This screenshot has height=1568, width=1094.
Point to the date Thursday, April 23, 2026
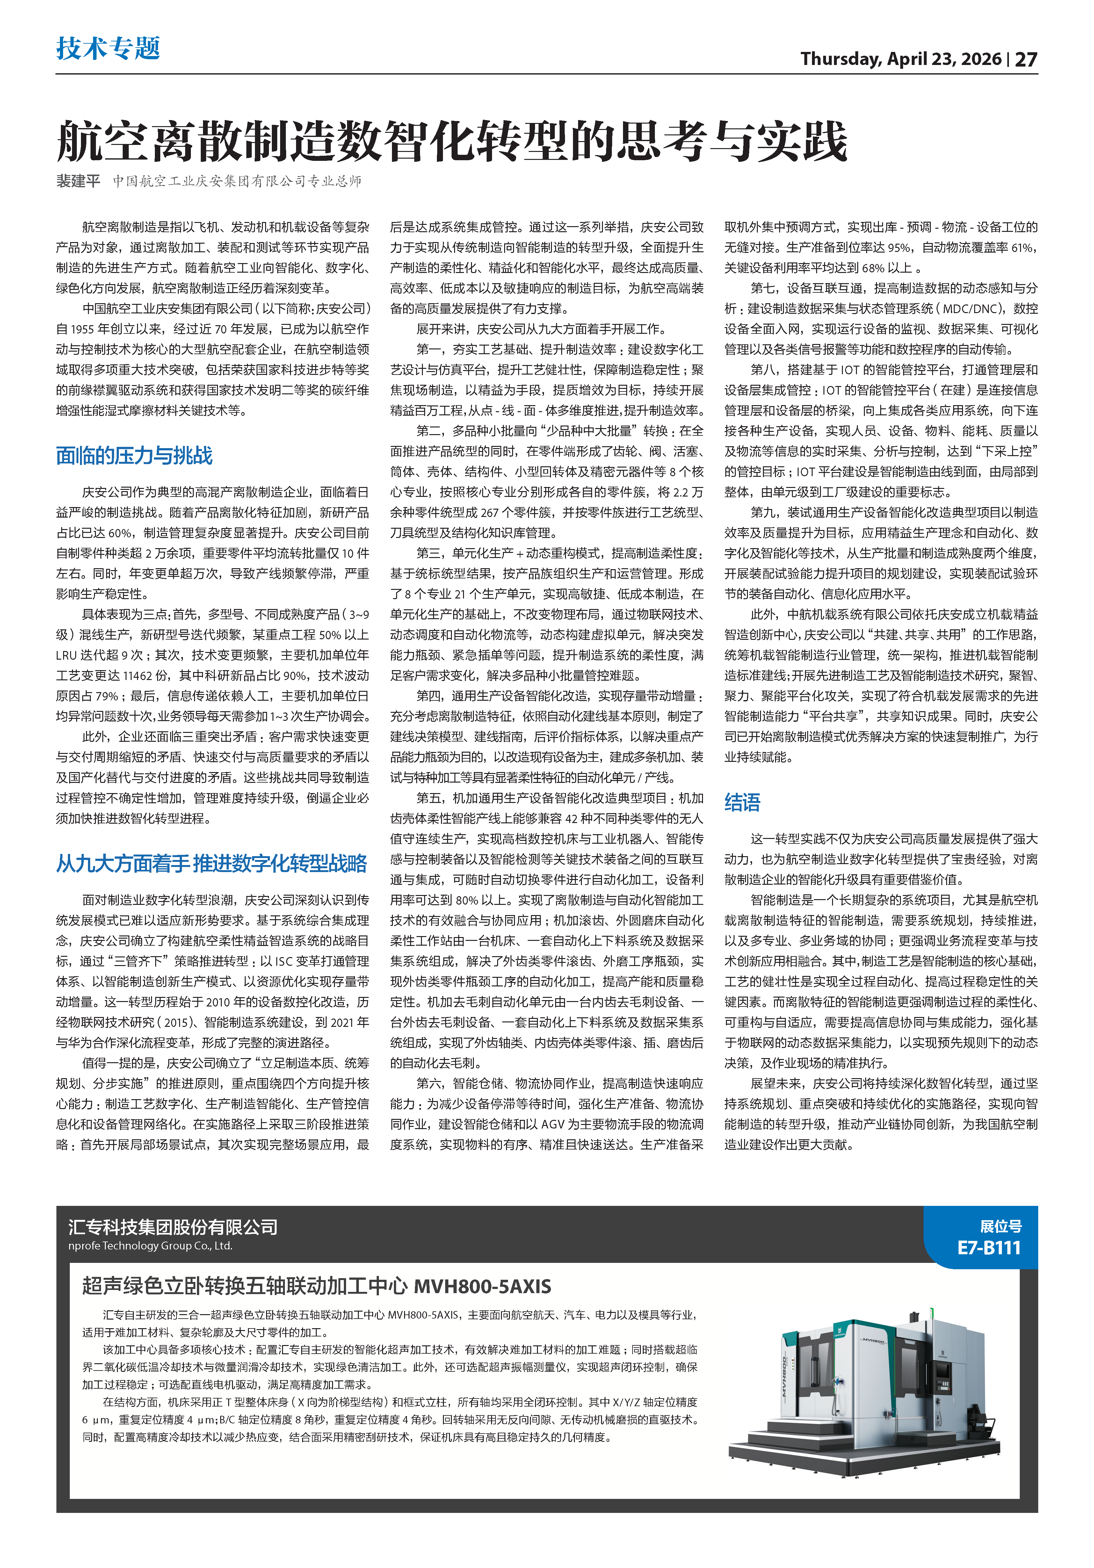tap(901, 60)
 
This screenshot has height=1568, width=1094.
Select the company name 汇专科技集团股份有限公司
tap(173, 1227)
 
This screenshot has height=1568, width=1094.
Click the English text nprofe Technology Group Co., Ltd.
tap(150, 1246)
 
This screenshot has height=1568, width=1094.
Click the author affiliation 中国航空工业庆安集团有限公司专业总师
tap(237, 181)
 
